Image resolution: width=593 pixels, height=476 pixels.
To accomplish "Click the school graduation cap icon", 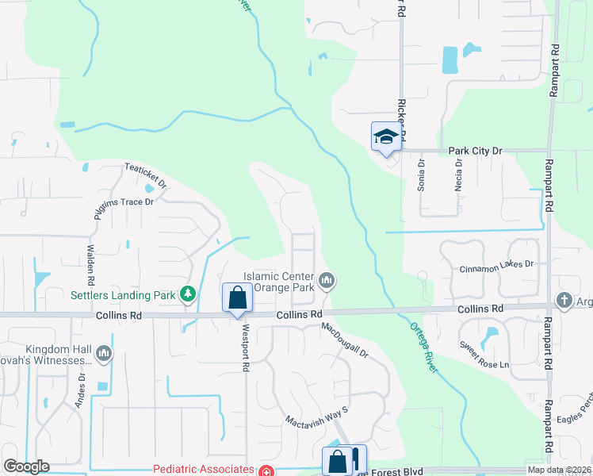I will (x=385, y=136).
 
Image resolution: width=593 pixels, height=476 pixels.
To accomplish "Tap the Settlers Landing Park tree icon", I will (x=188, y=295).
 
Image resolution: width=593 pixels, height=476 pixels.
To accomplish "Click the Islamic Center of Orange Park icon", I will (x=327, y=280).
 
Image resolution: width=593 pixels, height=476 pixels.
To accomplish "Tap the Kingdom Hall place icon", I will (x=103, y=352).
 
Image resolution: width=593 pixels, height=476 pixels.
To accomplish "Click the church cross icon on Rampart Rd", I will (x=564, y=301).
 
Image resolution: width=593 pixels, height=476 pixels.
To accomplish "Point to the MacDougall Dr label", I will (x=346, y=340).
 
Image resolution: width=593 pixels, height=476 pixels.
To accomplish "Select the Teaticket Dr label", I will (x=146, y=175).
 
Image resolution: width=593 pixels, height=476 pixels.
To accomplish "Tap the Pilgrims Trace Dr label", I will (x=123, y=202).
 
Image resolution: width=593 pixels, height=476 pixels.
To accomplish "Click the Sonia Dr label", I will (x=422, y=176).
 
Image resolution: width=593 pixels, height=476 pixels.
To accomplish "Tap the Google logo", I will (x=26, y=466).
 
